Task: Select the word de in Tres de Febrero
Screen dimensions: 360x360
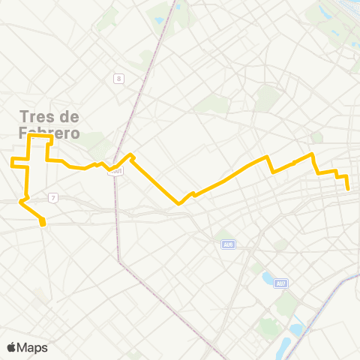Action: (x=68, y=117)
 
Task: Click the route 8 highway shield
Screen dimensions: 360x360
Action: (x=118, y=78)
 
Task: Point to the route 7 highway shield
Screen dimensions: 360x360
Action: (x=52, y=197)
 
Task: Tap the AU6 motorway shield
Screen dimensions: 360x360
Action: (x=228, y=244)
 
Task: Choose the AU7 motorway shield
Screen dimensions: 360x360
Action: (x=280, y=283)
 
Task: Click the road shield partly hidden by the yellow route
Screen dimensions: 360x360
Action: (x=115, y=171)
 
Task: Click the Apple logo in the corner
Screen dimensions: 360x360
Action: (x=11, y=346)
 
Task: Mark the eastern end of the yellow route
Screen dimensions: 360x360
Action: (x=348, y=189)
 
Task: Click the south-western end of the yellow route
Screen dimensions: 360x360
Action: (x=43, y=223)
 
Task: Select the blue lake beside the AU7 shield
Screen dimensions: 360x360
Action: (x=268, y=279)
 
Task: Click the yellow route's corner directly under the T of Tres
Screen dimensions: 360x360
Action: (x=29, y=137)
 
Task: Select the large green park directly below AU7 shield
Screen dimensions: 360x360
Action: (x=285, y=304)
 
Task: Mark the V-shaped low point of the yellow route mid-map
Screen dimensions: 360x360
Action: (x=179, y=202)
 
